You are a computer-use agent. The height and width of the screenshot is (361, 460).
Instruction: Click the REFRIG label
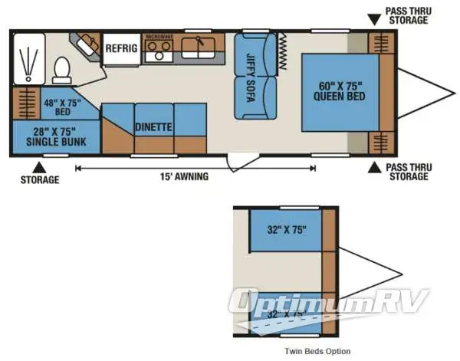(x=121, y=48)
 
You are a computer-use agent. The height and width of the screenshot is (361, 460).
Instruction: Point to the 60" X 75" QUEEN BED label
(x=339, y=90)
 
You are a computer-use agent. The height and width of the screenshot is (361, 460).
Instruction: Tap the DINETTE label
(x=153, y=126)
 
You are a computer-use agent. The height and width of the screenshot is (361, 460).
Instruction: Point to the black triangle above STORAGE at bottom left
(x=37, y=164)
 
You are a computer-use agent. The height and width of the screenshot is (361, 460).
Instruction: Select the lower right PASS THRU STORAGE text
(x=407, y=172)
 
